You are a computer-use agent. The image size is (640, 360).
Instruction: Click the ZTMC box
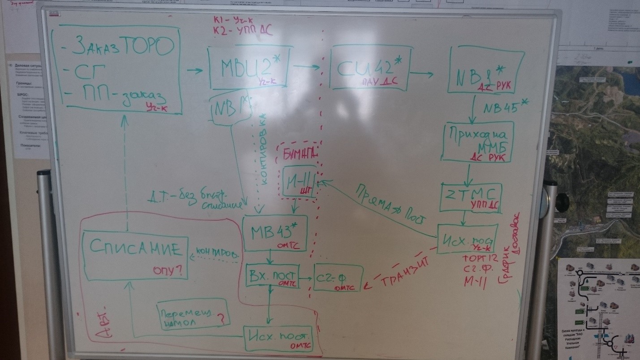click(x=470, y=197)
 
